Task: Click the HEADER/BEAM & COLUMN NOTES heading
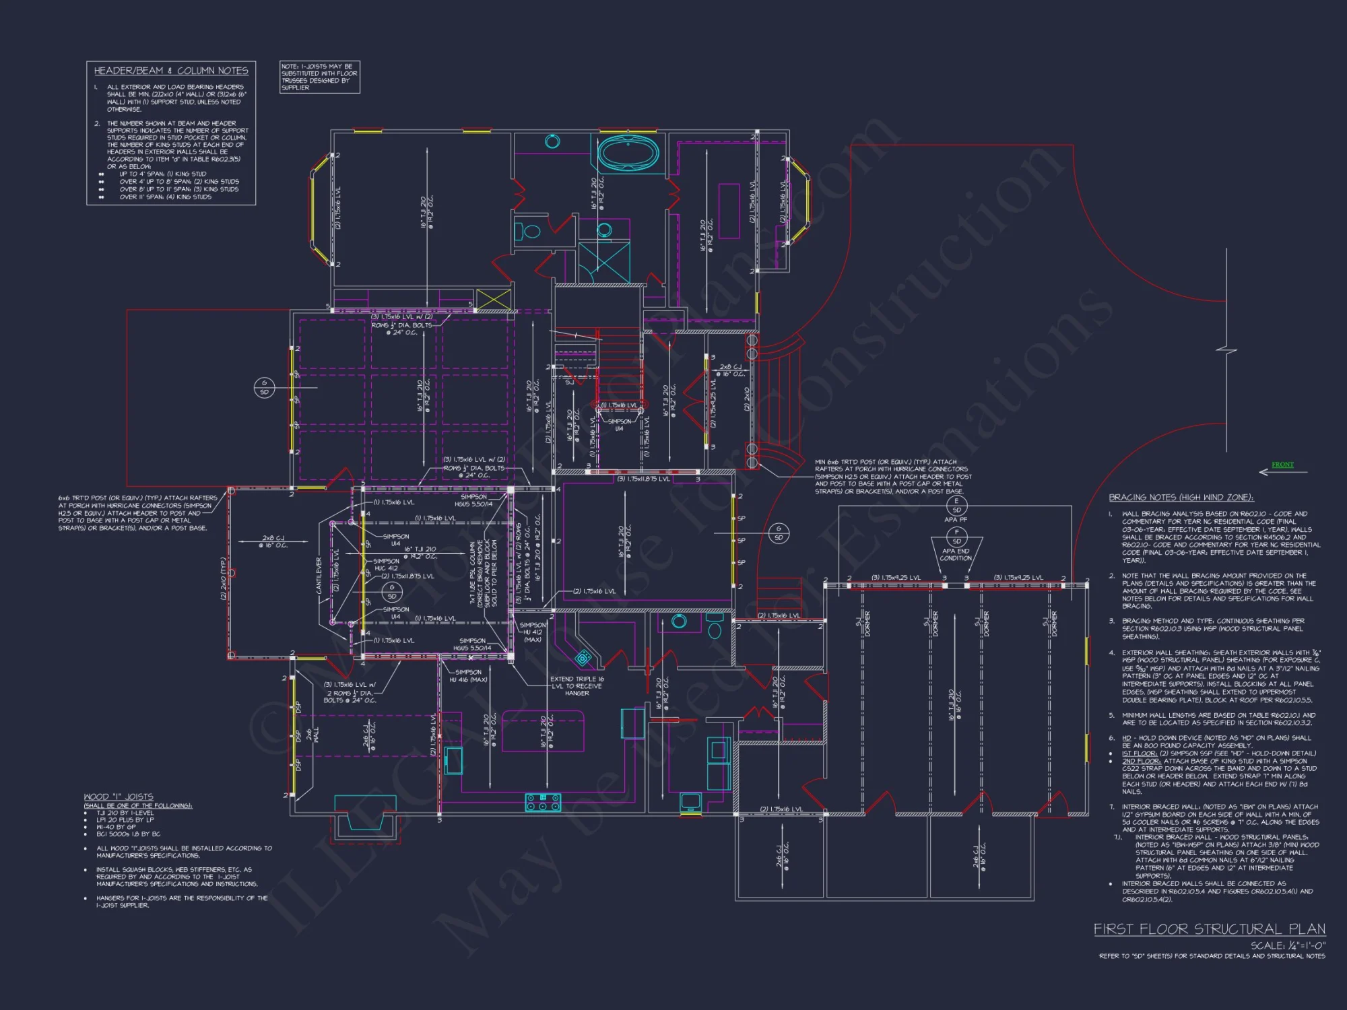(171, 71)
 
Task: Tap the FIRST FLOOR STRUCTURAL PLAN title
(1209, 929)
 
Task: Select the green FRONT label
(1282, 465)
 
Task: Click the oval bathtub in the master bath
(628, 153)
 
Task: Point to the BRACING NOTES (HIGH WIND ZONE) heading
(1181, 498)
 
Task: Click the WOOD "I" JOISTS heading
(119, 797)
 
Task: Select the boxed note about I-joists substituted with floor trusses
(319, 77)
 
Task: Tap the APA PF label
(956, 519)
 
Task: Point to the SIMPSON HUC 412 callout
(386, 564)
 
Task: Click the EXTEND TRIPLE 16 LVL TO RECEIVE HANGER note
(577, 685)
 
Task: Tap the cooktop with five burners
(543, 802)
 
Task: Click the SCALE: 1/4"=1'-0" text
(1288, 945)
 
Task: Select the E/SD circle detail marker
(956, 505)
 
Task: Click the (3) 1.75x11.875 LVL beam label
(643, 479)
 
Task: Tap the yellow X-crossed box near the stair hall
(493, 299)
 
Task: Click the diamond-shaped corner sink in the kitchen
(583, 658)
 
